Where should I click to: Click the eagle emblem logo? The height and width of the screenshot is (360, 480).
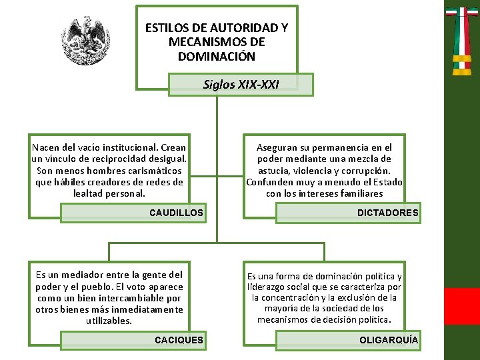coord(85,41)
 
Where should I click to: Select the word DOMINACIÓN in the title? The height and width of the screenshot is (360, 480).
coord(217,56)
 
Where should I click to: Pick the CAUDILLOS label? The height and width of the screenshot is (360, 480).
coord(176,213)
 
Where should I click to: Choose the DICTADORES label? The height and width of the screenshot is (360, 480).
coord(387,213)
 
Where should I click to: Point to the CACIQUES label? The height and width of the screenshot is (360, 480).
coord(179,340)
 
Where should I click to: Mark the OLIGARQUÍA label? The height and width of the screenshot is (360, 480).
coord(389,340)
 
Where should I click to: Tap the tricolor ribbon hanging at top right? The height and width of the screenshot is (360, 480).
coord(462,40)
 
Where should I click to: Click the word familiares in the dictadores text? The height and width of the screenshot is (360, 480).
coord(362,193)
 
